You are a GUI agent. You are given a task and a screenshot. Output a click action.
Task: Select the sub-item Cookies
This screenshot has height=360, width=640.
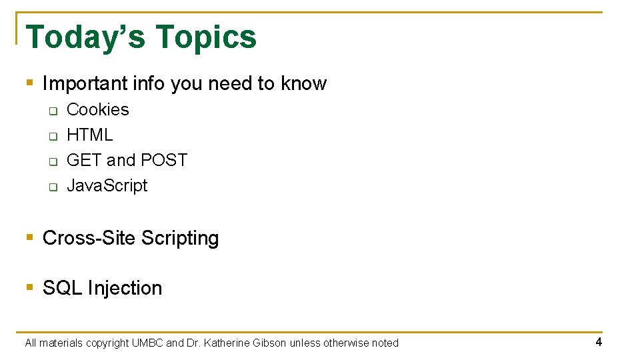(98, 109)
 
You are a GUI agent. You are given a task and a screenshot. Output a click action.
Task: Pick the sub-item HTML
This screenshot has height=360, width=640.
(90, 135)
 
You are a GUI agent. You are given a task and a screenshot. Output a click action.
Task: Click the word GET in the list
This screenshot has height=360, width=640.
(84, 160)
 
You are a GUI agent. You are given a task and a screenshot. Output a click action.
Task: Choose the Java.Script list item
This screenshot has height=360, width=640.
(107, 185)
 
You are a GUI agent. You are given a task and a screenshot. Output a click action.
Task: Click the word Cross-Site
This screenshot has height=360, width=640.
(89, 238)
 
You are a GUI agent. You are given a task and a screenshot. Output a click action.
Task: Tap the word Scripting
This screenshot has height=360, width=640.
(180, 238)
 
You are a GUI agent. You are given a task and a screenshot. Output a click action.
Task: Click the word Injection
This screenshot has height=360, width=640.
(125, 288)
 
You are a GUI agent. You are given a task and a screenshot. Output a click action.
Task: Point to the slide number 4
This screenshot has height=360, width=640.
(599, 342)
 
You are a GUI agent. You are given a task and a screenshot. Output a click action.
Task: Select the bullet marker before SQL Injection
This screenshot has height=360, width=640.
(29, 288)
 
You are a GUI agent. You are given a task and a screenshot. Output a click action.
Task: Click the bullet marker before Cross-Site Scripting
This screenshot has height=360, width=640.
(29, 238)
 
